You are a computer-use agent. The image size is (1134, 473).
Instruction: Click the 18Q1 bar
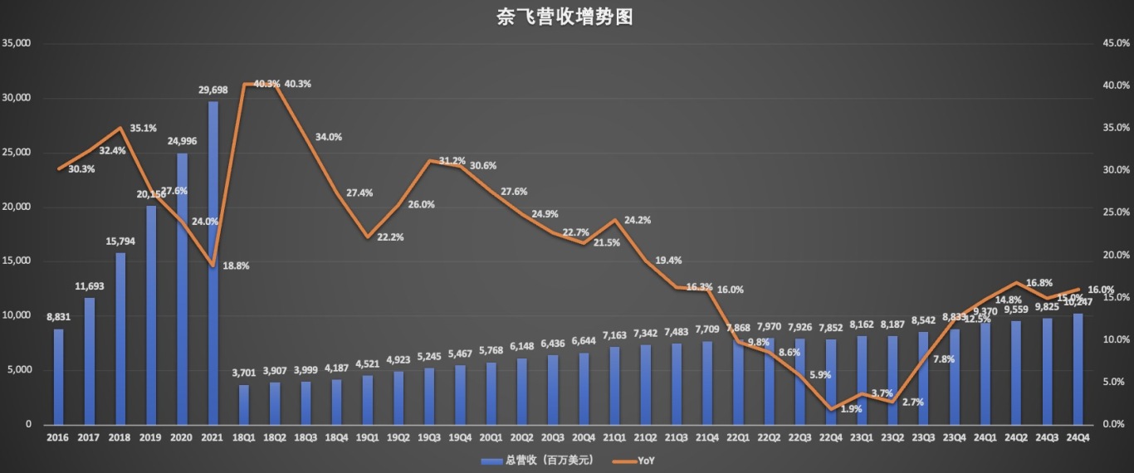(244, 404)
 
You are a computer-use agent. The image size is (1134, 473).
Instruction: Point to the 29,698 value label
(213, 88)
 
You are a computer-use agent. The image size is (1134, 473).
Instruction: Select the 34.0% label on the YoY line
(329, 137)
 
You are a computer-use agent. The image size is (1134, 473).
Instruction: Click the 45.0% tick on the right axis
(1115, 43)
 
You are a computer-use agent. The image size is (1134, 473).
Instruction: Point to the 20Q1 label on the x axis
(491, 437)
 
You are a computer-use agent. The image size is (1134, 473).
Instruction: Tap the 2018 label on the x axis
(120, 437)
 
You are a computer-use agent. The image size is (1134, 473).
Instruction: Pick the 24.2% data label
(638, 220)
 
